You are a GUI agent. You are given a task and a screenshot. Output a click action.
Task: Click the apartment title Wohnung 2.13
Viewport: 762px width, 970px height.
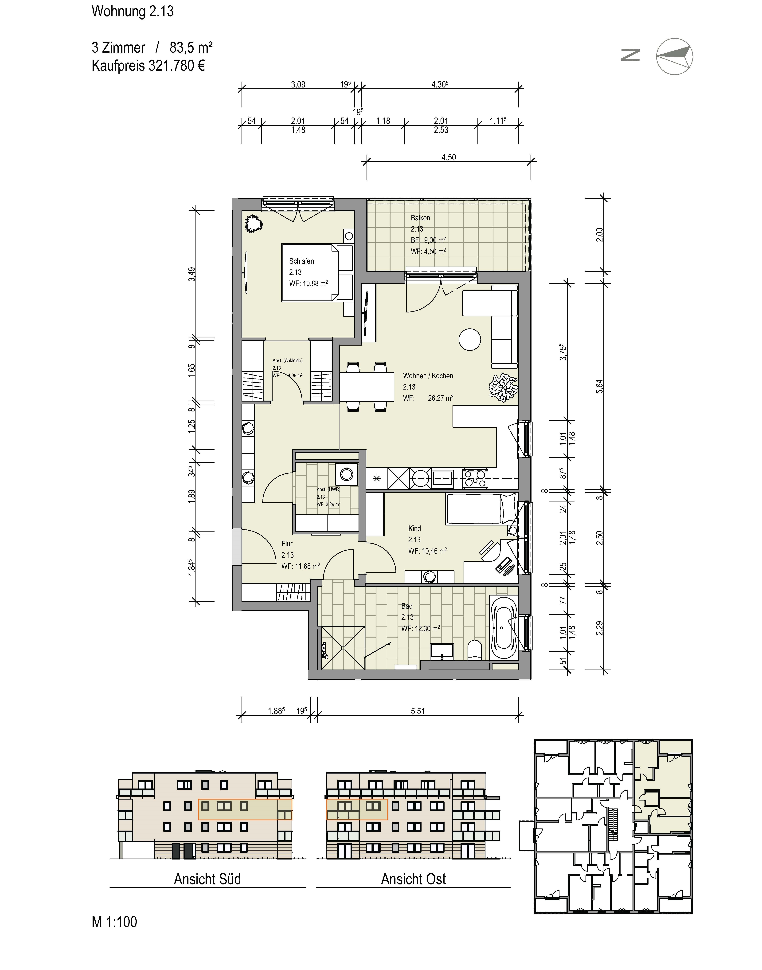click(133, 11)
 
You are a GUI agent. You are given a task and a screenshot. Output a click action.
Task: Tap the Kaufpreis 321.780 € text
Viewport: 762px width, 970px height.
click(148, 66)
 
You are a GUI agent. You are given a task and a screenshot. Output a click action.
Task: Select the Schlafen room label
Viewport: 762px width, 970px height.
click(302, 261)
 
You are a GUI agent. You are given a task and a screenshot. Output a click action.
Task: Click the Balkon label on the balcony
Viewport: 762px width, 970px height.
click(420, 218)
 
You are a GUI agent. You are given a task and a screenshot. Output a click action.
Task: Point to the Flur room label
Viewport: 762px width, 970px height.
click(287, 544)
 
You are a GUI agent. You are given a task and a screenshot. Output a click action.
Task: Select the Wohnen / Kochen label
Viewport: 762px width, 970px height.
click(428, 376)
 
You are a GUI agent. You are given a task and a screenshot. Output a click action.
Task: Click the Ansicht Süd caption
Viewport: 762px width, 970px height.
click(207, 879)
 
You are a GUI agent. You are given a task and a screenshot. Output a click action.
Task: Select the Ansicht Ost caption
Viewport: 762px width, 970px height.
click(414, 879)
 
